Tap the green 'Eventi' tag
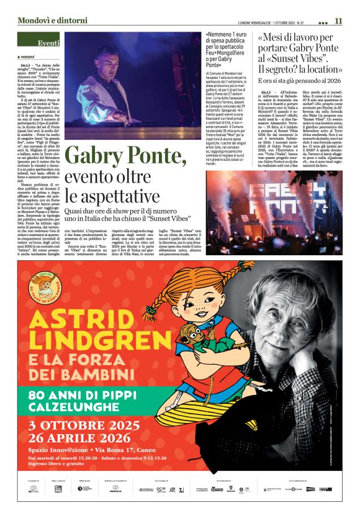(x=48, y=43)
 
